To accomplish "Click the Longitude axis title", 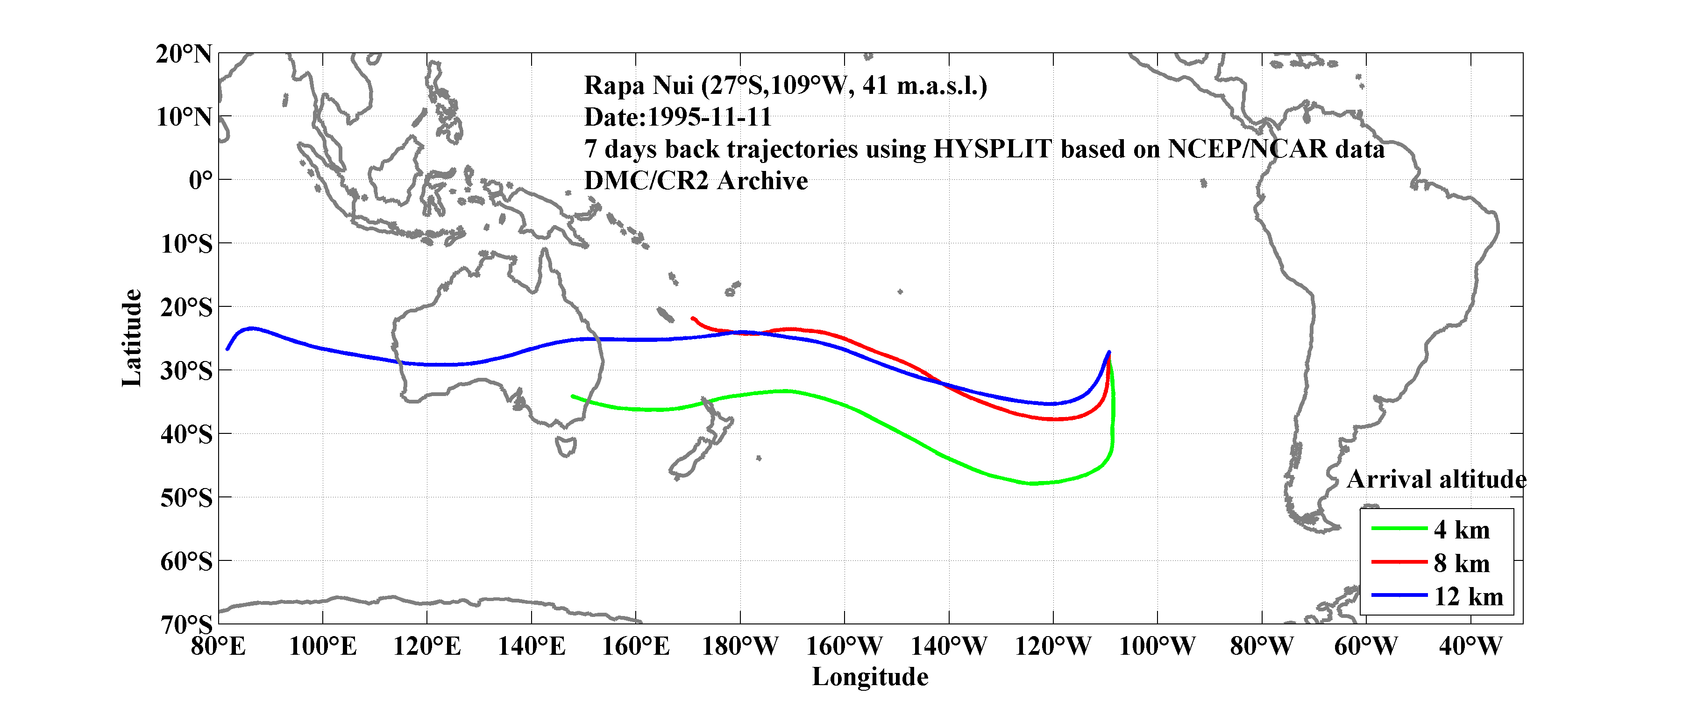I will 870,677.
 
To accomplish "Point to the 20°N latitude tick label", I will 184,54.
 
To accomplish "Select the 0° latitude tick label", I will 200,180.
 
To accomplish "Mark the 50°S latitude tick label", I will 186,498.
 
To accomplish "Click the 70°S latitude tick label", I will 186,624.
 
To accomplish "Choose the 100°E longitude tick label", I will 323,646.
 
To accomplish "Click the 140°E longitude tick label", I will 531,646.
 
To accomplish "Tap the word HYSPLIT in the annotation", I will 992,149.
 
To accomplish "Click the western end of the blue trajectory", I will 227,349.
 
